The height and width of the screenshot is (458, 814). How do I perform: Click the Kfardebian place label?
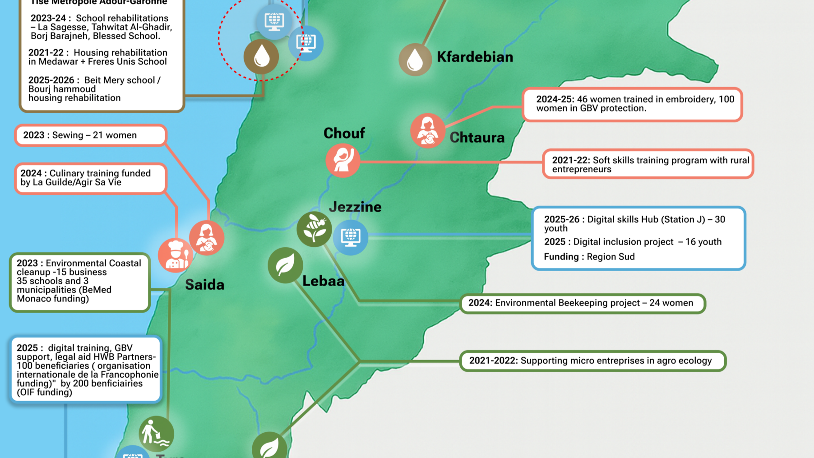tap(475, 57)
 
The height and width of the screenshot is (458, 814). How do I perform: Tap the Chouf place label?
tap(344, 133)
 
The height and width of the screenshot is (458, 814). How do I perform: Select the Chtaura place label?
tap(477, 138)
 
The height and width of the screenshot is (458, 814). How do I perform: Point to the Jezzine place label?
tap(355, 207)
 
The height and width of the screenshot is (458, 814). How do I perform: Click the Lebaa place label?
tap(323, 281)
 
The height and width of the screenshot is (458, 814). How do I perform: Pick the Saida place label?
tap(204, 285)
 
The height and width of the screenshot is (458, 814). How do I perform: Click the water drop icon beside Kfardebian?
tap(415, 60)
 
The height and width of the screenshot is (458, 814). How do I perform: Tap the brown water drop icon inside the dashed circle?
tap(261, 57)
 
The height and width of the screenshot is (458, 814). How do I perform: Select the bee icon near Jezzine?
tap(314, 229)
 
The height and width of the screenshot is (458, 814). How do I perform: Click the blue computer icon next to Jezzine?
tap(351, 237)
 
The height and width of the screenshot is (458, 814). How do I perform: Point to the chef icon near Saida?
tap(175, 255)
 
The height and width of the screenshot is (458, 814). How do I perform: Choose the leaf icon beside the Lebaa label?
tap(285, 265)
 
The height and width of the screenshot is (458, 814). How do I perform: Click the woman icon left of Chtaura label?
tap(427, 131)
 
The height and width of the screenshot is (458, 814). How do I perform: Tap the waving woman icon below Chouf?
tap(343, 160)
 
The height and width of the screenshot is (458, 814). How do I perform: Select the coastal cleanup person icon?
tap(156, 434)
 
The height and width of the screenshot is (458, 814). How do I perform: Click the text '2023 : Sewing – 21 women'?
tap(80, 135)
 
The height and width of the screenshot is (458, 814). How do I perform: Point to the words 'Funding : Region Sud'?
tap(589, 257)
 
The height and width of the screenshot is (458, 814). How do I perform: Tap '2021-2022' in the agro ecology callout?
tap(493, 361)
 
